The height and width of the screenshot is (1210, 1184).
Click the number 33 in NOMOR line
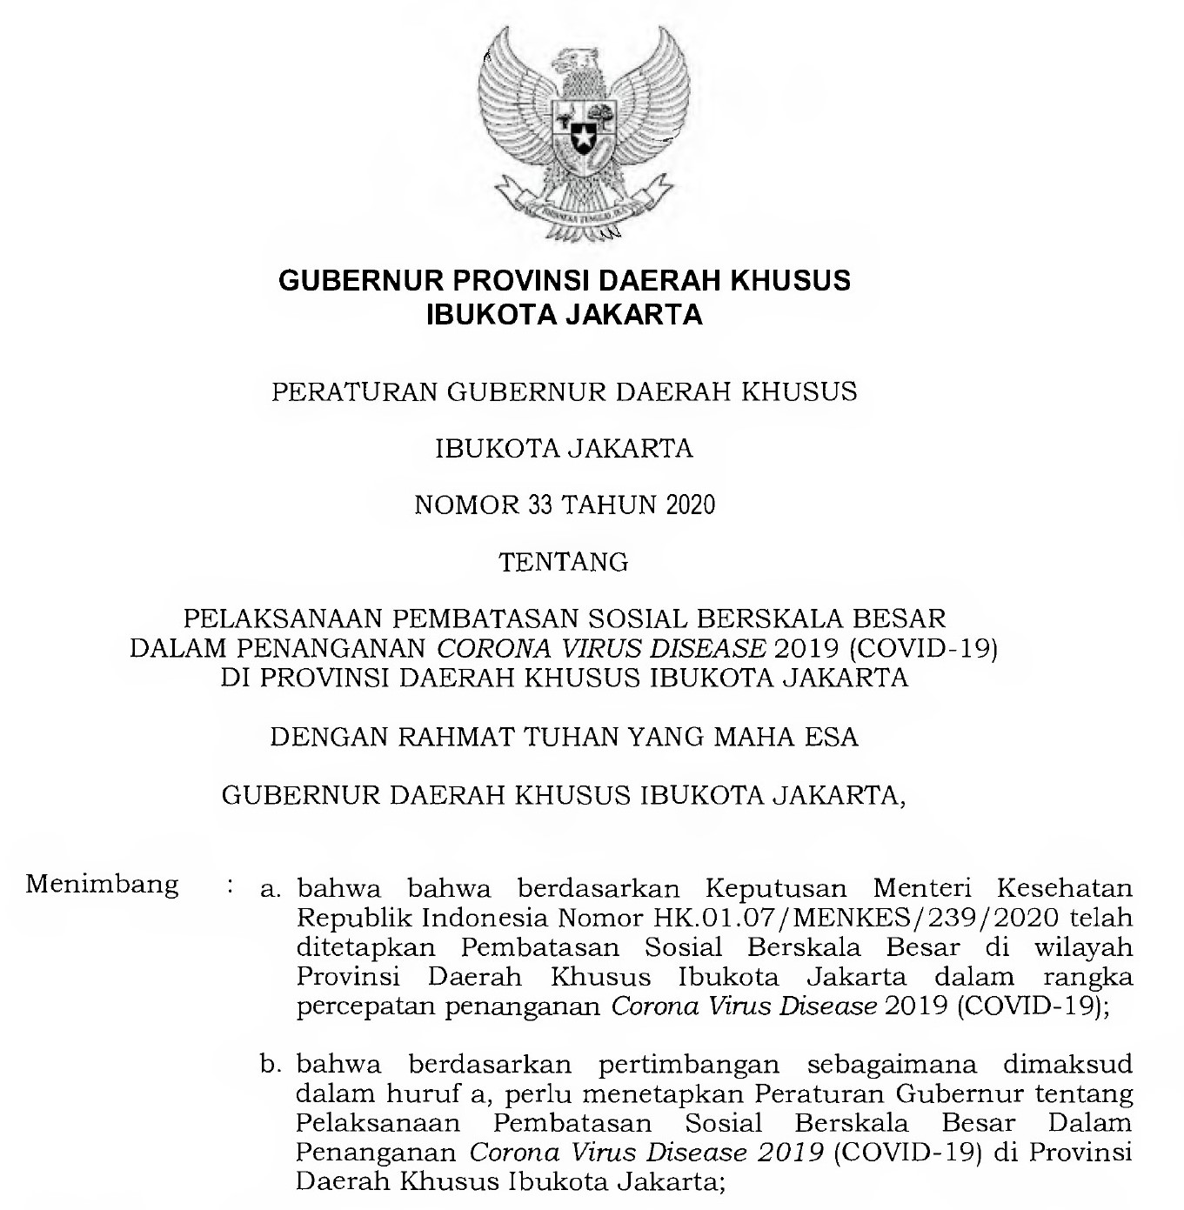tap(539, 505)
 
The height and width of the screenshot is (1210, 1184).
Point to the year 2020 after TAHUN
tap(690, 505)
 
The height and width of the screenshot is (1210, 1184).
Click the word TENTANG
tap(564, 563)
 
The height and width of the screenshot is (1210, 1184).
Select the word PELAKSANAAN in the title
tap(284, 619)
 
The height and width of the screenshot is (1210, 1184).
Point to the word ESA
tap(831, 738)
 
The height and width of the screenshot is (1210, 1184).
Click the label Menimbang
tap(102, 886)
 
